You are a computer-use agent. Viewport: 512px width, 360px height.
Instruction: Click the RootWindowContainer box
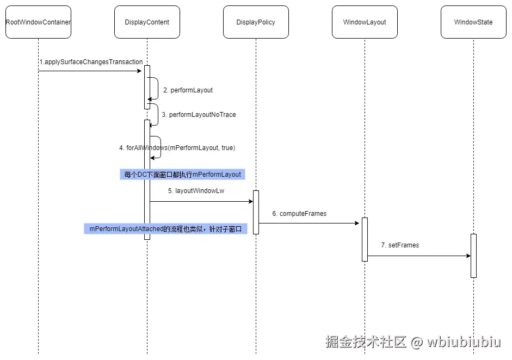38,22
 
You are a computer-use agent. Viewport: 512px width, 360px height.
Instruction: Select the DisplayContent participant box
147,22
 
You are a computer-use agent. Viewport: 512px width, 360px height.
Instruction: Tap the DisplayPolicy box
256,22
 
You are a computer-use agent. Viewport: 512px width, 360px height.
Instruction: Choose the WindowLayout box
365,22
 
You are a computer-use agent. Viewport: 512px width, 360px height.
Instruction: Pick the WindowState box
473,22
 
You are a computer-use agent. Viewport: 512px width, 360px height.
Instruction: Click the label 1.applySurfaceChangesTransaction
91,62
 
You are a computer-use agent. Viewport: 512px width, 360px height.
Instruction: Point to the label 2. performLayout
188,90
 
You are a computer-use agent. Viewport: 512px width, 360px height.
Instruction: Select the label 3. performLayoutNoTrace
199,115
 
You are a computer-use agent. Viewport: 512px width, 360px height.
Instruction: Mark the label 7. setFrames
400,245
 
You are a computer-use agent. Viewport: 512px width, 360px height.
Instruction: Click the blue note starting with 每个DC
182,175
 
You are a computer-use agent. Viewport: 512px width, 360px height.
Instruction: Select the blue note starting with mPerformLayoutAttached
165,229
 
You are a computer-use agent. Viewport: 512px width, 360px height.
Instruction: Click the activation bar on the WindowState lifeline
473,256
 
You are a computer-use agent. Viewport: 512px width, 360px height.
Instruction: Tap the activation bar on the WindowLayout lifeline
365,239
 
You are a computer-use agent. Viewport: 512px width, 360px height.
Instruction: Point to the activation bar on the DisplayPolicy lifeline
256,212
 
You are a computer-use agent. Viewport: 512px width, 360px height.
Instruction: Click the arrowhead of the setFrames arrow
468,256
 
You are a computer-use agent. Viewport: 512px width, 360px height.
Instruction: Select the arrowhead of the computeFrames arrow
359,223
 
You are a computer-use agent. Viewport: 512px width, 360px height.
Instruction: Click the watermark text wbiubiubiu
464,342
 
